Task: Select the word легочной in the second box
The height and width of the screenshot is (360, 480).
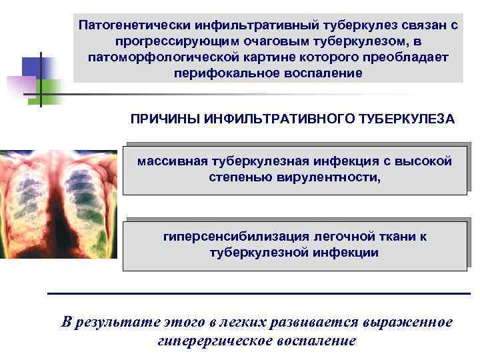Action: tap(345, 237)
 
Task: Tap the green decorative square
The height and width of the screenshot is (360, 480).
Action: tap(50, 92)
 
